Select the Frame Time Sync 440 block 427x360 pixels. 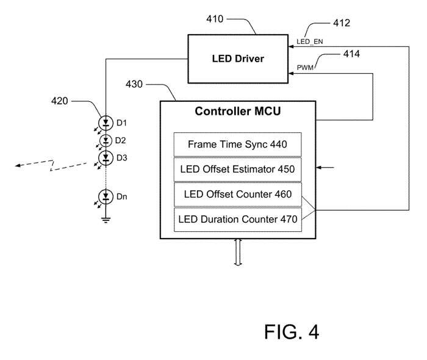237,145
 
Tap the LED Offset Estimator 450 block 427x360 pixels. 237,169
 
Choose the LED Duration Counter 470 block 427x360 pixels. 237,220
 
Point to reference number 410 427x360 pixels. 215,18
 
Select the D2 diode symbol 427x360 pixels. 106,141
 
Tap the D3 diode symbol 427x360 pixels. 106,158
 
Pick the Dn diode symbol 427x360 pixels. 106,197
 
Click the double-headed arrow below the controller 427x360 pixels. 238,254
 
